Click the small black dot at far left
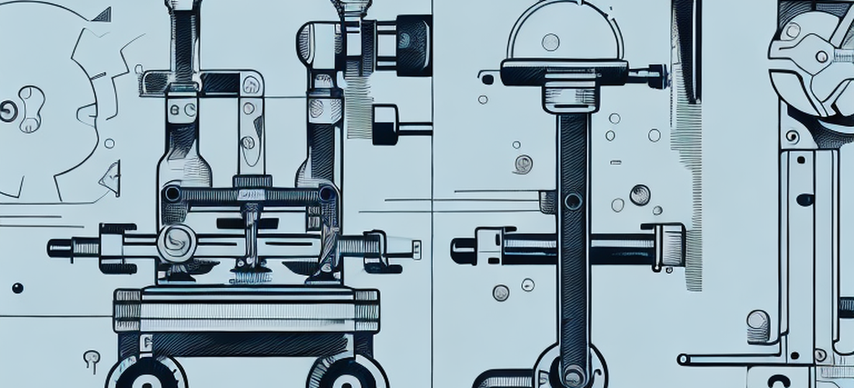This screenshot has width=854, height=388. pos(17,288)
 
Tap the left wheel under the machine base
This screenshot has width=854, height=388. pos(145,376)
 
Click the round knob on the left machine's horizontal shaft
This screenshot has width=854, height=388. pos(176,243)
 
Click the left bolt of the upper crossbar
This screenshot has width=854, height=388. pos(172,193)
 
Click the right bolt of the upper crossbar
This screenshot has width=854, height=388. pos(327,193)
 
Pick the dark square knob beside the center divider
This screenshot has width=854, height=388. pos(385,124)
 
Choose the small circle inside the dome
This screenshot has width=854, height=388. pos(550,42)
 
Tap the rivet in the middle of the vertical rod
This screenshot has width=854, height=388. pos(573,202)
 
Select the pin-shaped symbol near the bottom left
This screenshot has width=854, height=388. pos(92,358)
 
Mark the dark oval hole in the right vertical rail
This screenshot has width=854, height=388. pos(805,199)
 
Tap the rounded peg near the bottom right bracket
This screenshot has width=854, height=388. pos(759,323)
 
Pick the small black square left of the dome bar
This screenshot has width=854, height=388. pos(488,78)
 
